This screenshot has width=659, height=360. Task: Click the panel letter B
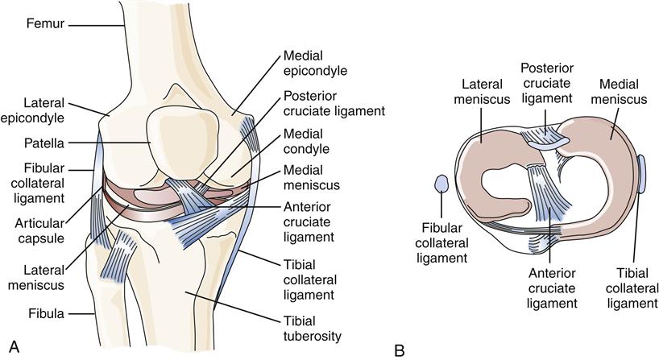(400, 350)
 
